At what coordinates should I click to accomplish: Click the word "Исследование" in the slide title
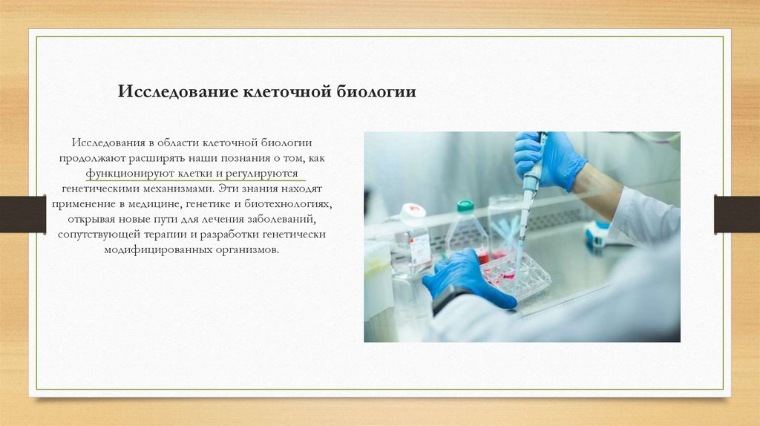(177, 92)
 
